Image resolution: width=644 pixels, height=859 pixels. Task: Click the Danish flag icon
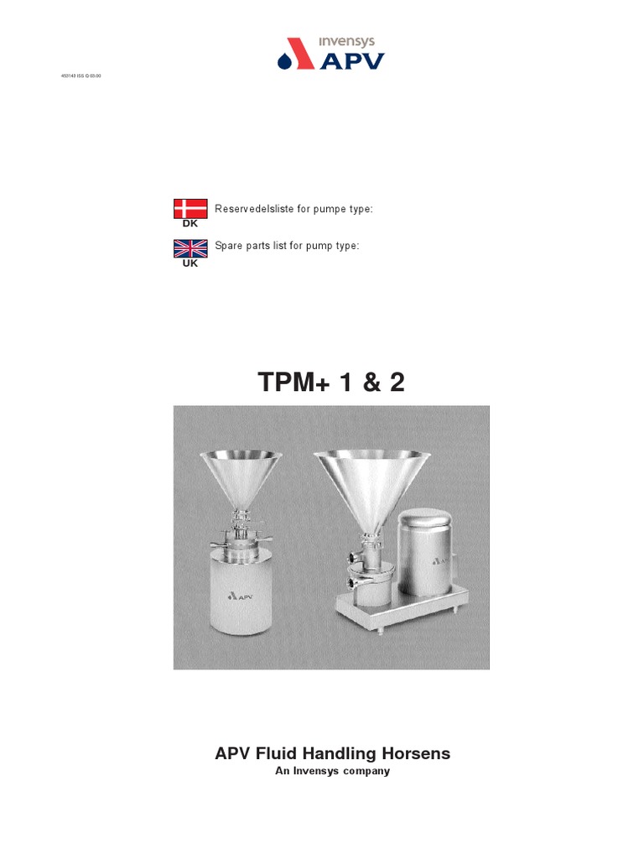pyautogui.click(x=190, y=209)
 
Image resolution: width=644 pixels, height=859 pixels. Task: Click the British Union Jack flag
pyautogui.click(x=190, y=248)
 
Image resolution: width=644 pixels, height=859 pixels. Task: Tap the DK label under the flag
pyautogui.click(x=190, y=224)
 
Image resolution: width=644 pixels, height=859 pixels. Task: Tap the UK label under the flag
pyautogui.click(x=190, y=263)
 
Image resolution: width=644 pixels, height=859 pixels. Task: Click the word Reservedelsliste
pyautogui.click(x=251, y=209)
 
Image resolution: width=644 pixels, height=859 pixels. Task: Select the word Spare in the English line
pyautogui.click(x=228, y=246)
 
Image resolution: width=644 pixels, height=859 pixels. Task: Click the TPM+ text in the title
pyautogui.click(x=294, y=383)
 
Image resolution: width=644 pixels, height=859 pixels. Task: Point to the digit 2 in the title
pyautogui.click(x=396, y=383)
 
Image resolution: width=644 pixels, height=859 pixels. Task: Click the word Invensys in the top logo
pyautogui.click(x=346, y=41)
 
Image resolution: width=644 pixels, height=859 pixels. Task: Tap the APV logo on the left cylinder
pyautogui.click(x=239, y=597)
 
